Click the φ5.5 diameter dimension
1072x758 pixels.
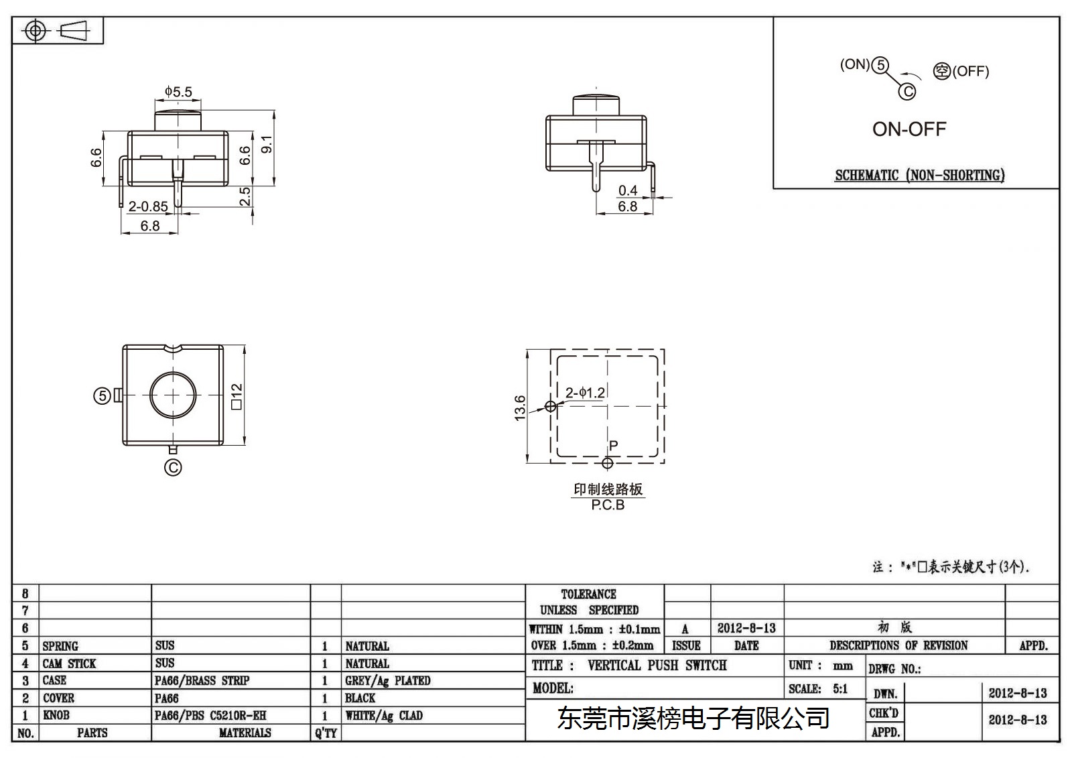pos(178,91)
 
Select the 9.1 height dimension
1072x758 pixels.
pos(267,144)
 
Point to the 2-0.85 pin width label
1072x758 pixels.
pos(148,206)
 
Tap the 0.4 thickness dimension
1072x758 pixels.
pos(627,190)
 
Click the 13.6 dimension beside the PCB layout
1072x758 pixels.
pos(520,408)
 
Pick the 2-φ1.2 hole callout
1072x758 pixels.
pos(585,393)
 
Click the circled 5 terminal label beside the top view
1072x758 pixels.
pos(102,396)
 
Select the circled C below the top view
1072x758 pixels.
pos(173,467)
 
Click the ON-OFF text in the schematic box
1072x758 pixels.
pos(909,129)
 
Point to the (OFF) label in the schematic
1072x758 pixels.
pos(971,71)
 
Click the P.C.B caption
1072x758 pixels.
pos(608,505)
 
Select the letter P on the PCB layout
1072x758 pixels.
pos(614,446)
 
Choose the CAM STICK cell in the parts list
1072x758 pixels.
pos(69,664)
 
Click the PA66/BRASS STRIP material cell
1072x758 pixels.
pos(202,680)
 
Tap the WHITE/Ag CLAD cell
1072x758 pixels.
pos(384,716)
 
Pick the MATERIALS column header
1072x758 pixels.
pos(245,733)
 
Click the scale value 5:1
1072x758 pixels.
pos(840,689)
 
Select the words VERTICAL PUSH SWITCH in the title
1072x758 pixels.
pos(657,665)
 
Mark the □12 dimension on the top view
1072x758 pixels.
pos(237,397)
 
